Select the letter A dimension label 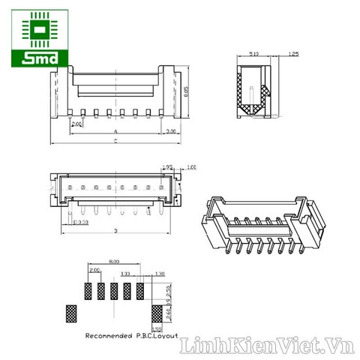115,131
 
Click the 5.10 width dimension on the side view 253,55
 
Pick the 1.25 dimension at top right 294,55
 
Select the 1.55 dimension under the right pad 157,327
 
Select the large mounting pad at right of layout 157,313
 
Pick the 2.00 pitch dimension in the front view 76,124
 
